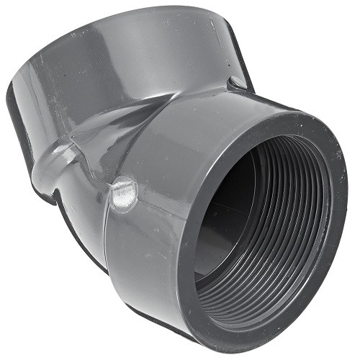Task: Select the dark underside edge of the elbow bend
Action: click(79, 238)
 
